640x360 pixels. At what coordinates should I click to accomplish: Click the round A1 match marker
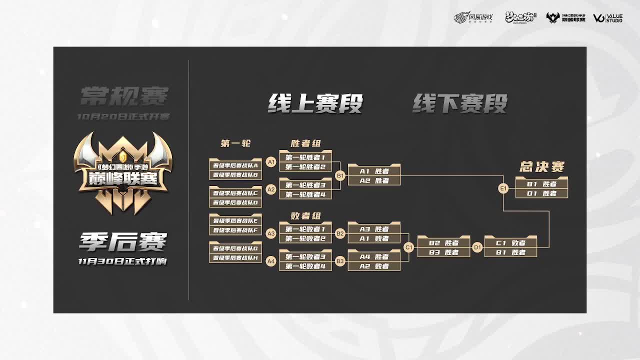(x=271, y=162)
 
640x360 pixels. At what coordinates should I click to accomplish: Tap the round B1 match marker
(x=340, y=176)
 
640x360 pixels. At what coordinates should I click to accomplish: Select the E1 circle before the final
(x=503, y=188)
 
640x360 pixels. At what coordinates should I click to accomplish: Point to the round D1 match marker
(x=477, y=247)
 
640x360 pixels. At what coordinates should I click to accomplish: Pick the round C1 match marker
(x=409, y=247)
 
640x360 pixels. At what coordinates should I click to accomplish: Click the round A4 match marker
(x=271, y=261)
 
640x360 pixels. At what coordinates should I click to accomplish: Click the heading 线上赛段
(x=315, y=103)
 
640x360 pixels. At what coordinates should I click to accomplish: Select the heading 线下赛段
(x=459, y=103)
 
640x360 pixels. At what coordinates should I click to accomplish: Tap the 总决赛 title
(x=542, y=166)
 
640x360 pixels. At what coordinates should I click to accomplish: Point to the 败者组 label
(x=305, y=216)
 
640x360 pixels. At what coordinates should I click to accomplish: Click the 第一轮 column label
(x=235, y=143)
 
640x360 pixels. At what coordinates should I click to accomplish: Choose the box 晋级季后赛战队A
(x=235, y=165)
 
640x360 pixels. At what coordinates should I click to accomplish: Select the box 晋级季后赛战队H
(x=235, y=258)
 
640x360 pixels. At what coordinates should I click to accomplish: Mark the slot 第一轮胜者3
(x=305, y=185)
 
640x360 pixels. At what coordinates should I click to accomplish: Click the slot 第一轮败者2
(x=305, y=238)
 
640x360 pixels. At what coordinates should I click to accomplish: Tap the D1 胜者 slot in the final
(x=542, y=193)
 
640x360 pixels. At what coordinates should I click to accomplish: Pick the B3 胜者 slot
(x=443, y=252)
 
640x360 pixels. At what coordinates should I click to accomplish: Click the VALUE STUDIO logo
(x=607, y=18)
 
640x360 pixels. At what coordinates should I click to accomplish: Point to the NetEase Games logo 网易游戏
(x=473, y=18)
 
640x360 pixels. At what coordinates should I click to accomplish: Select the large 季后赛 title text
(x=122, y=243)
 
